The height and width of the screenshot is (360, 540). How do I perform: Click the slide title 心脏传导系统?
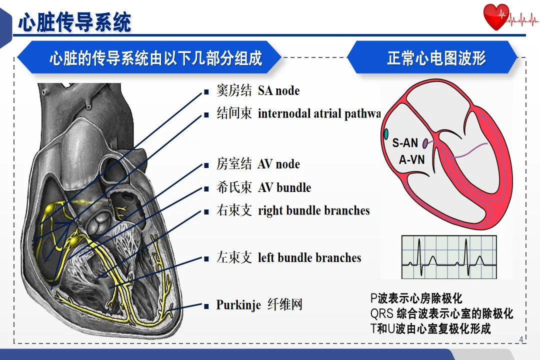click(75, 22)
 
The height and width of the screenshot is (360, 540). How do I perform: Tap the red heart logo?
click(496, 17)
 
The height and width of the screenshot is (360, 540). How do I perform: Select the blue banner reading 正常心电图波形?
click(436, 58)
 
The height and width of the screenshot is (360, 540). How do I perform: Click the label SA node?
click(278, 91)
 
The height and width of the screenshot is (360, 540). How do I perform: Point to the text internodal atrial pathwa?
click(319, 114)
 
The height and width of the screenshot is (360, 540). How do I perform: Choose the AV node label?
click(278, 164)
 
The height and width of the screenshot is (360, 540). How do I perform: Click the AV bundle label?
click(284, 188)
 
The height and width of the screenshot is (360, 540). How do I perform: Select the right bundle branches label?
click(313, 210)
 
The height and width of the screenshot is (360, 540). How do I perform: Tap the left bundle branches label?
click(309, 258)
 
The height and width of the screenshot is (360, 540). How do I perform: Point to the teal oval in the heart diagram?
click(386, 134)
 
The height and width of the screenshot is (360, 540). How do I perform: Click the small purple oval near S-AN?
click(425, 143)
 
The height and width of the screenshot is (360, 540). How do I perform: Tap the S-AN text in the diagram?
click(405, 143)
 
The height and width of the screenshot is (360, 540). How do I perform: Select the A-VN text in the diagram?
click(411, 160)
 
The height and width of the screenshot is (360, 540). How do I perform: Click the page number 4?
click(521, 340)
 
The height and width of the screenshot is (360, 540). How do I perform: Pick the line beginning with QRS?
click(441, 314)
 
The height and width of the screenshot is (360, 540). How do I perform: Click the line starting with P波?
click(416, 299)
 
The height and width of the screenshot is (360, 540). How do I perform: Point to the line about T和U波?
click(430, 328)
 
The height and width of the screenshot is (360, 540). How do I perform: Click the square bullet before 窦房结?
click(205, 92)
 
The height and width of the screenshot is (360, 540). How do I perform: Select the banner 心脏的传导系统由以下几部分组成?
click(155, 58)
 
